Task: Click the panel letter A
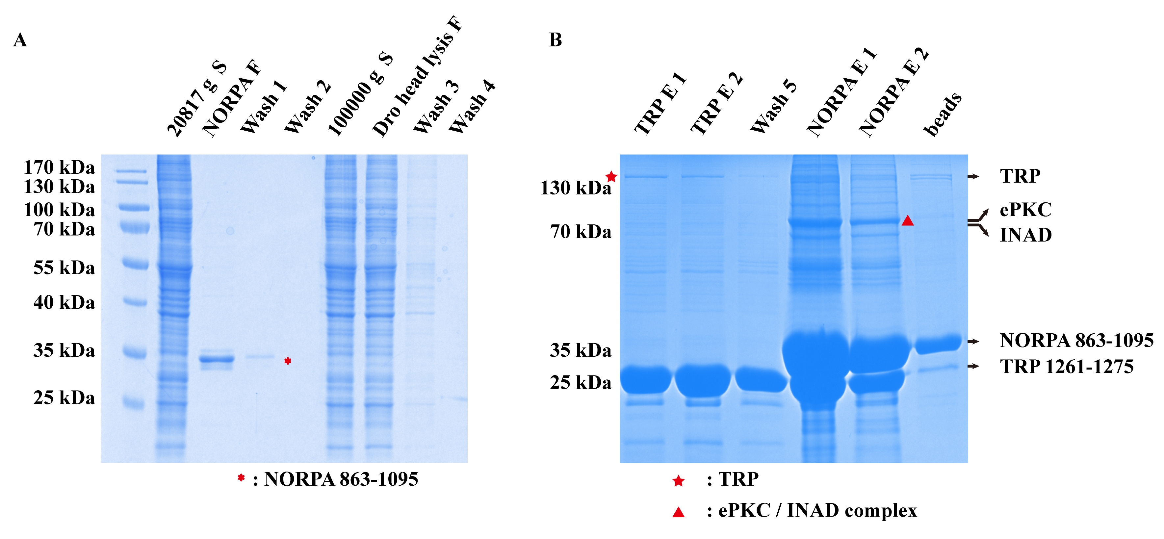[x=20, y=40]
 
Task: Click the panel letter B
[x=555, y=40]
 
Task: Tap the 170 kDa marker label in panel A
[x=59, y=167]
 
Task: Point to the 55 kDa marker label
[x=64, y=268]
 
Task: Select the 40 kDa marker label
[x=64, y=302]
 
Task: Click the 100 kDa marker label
[x=59, y=210]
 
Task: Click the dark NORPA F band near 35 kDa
[x=217, y=360]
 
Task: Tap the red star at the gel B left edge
[x=611, y=177]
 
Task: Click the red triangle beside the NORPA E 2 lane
[x=907, y=220]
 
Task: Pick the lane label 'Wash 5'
[x=773, y=109]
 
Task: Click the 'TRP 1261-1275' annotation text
[x=1066, y=367]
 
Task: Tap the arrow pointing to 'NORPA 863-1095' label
[x=973, y=342]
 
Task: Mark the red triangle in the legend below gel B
[x=678, y=512]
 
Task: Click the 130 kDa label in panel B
[x=575, y=188]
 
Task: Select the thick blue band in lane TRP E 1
[x=645, y=379]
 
